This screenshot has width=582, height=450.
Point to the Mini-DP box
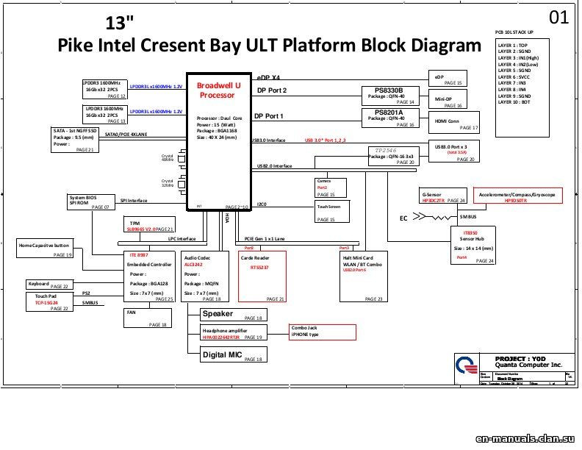click(448, 100)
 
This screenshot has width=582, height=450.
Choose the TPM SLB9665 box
click(150, 226)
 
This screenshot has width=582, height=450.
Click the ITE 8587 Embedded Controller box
click(150, 276)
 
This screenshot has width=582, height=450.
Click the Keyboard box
click(48, 285)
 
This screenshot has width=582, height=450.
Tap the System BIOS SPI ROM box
click(91, 202)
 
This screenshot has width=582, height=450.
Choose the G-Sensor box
click(443, 196)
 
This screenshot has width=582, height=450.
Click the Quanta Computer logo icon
click(465, 365)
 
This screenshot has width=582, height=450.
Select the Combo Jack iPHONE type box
click(311, 332)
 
